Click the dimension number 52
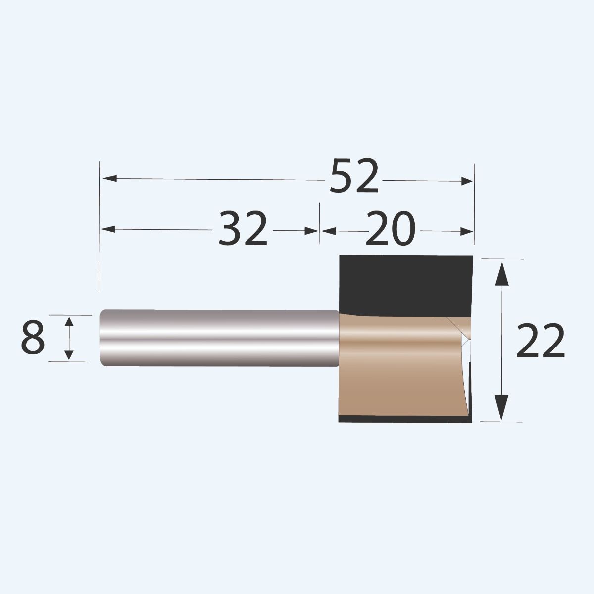[354, 176]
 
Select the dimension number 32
[243, 228]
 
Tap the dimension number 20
[391, 228]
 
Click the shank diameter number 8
[33, 337]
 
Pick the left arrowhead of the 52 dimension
[110, 178]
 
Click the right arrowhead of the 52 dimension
[467, 181]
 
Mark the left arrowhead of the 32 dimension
[108, 229]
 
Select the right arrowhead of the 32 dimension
[311, 231]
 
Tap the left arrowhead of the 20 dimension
[328, 231]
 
